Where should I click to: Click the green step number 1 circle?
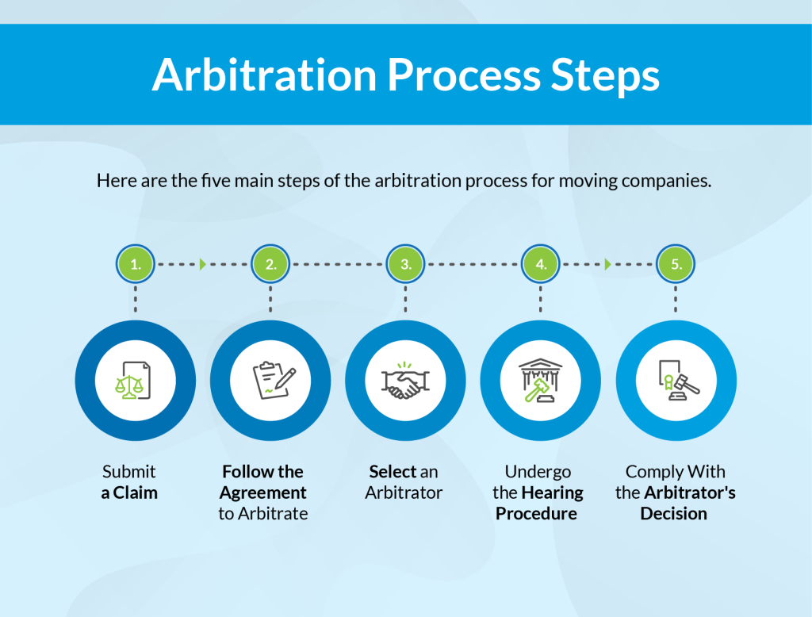pos(136,264)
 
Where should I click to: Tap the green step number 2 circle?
pos(270,264)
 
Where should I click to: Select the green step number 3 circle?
pos(406,264)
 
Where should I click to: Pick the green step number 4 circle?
pos(541,264)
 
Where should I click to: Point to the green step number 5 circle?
pos(676,264)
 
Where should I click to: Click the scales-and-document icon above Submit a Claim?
pos(136,381)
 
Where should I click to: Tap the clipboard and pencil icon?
pos(270,381)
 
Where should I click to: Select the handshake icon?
pos(406,381)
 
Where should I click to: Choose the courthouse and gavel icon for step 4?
pos(541,381)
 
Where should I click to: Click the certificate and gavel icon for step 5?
pos(676,381)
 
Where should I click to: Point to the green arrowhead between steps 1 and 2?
pos(203,264)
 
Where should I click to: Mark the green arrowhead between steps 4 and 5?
pos(608,264)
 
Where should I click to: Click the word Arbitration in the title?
pos(264,75)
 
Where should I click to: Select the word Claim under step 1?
pos(136,492)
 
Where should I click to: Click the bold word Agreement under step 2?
pos(263,492)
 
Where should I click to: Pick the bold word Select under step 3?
pos(393,472)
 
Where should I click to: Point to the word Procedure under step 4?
pos(536,513)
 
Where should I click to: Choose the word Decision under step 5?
pos(675,513)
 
